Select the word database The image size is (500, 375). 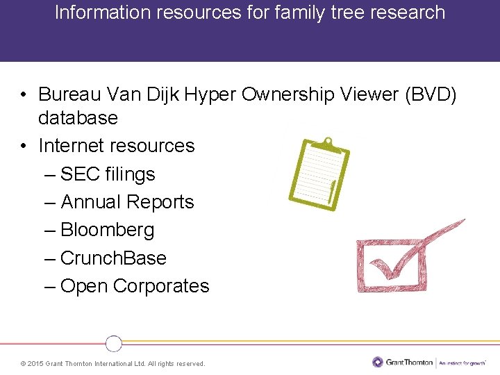point(78,118)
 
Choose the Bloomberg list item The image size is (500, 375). point(107,230)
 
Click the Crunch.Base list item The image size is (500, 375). point(113,258)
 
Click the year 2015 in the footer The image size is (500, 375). point(36,364)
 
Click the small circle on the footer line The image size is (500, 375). point(114,343)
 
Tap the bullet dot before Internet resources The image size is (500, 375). point(24,146)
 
